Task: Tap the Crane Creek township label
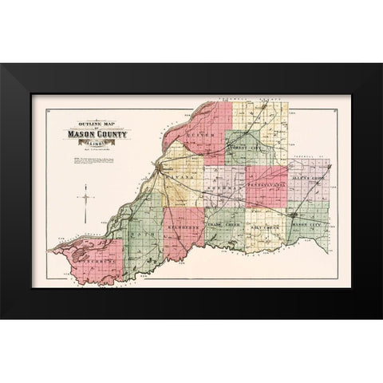pyautogui.click(x=224, y=226)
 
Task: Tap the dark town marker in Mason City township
pyautogui.click(x=294, y=215)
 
